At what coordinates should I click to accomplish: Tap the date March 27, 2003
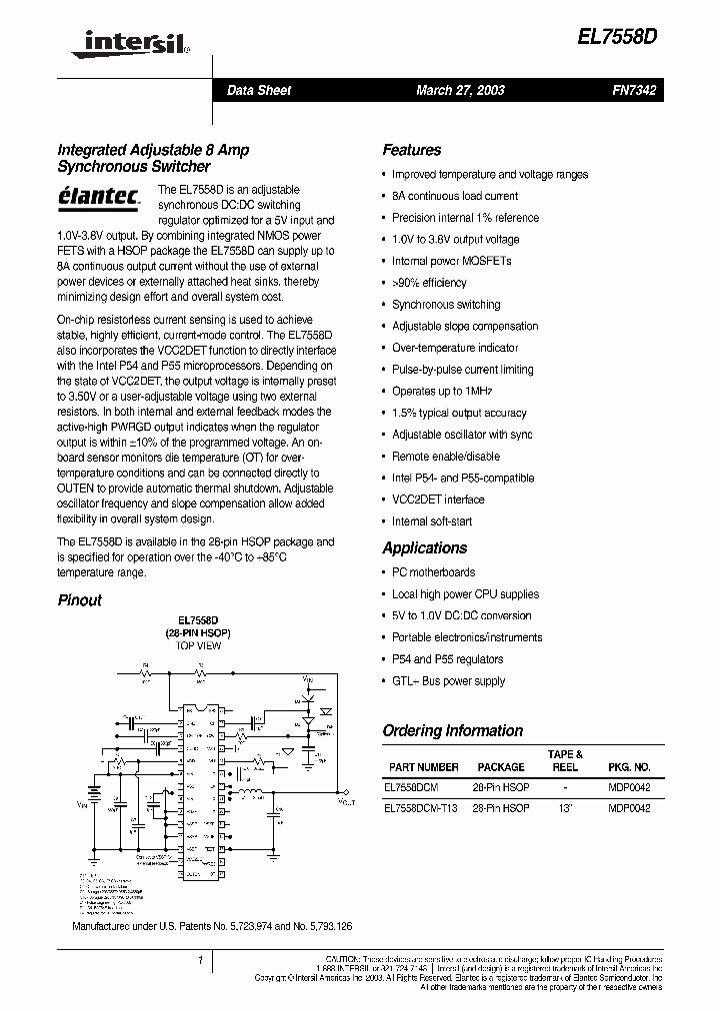460,90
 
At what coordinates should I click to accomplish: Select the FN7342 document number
633,90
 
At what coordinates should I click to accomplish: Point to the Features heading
411,150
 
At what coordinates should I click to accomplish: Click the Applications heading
424,547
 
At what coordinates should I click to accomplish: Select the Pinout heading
79,600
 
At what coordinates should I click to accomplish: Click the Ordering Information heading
452,730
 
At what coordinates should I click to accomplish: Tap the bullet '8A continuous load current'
454,196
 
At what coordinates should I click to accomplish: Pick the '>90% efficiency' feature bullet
429,283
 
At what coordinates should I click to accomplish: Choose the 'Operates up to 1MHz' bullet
441,392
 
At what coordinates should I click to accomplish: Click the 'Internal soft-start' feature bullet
431,521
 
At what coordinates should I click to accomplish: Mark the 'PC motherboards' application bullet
433,572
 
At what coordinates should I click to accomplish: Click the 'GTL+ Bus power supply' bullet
448,681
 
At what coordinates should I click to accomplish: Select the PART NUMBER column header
423,767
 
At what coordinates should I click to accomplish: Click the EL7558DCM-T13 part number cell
420,808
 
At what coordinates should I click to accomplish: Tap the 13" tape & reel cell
565,808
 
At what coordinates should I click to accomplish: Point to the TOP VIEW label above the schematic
198,646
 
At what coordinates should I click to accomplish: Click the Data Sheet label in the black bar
259,90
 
